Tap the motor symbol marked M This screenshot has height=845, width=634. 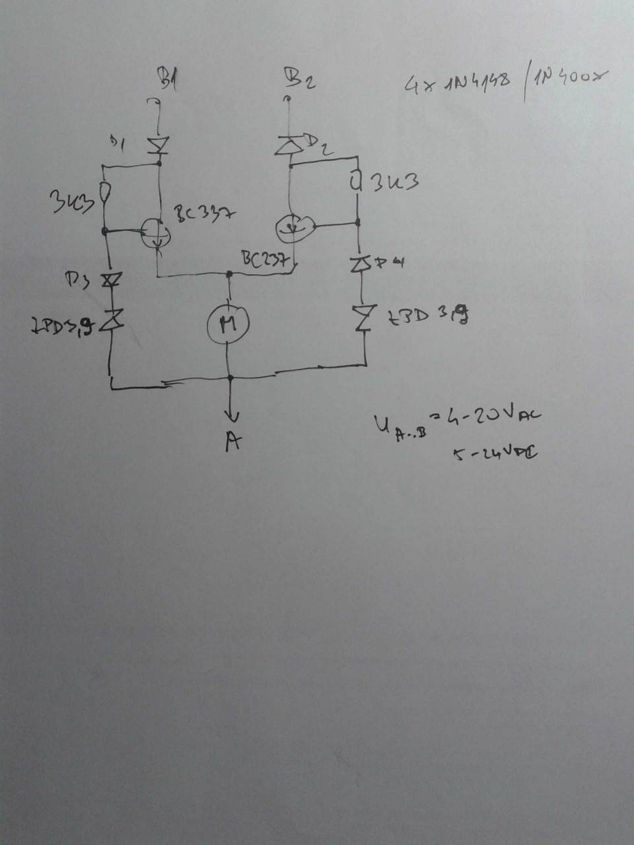pos(227,323)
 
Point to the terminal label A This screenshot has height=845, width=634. pos(232,442)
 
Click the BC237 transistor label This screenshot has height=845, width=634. pos(265,260)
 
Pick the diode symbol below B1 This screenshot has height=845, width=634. pos(158,145)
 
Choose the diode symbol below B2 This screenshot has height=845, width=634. pos(288,146)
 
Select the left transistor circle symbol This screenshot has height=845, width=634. pos(156,232)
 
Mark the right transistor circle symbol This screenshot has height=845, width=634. pos(293,227)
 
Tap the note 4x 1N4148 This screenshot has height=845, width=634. pos(456,83)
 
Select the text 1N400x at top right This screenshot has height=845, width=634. pos(569,79)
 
